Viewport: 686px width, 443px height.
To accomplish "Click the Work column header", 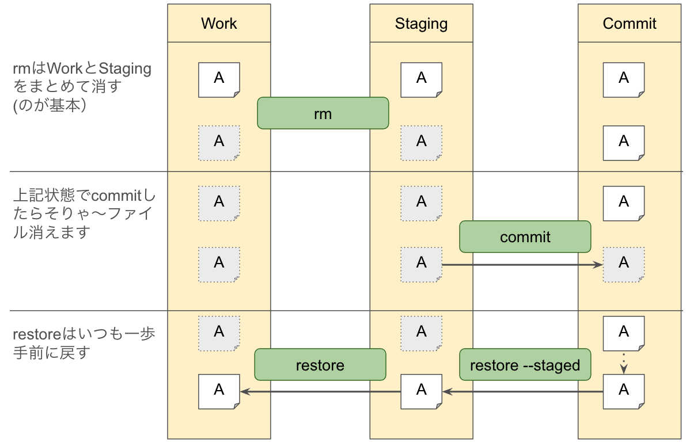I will (219, 24).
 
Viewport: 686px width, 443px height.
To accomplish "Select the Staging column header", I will (421, 24).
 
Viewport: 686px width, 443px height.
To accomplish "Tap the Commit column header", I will (630, 24).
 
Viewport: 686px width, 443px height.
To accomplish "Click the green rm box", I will (323, 113).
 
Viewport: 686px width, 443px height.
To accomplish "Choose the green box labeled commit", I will (525, 236).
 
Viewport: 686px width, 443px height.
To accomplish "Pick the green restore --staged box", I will (525, 365).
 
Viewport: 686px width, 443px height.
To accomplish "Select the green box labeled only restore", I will (320, 365).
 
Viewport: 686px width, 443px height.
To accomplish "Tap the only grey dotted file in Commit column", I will (624, 265).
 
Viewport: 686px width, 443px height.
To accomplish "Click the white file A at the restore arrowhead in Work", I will (219, 392).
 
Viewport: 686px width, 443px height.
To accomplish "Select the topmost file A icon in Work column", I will (219, 80).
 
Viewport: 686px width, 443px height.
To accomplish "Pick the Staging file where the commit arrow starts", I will (422, 265).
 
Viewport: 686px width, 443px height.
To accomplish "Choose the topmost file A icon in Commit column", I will (624, 80).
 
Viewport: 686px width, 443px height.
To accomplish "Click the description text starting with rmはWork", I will (82, 87).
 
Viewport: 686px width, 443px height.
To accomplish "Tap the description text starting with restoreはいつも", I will (84, 343).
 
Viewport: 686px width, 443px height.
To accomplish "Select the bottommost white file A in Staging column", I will (422, 392).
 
